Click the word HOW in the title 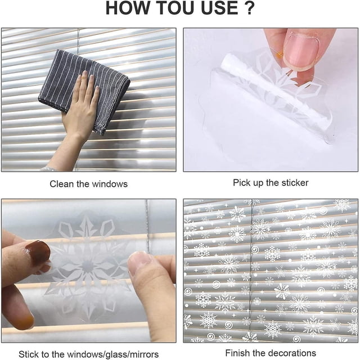point(128,8)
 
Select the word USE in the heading point(219,8)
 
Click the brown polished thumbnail point(38,253)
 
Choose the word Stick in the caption point(28,354)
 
